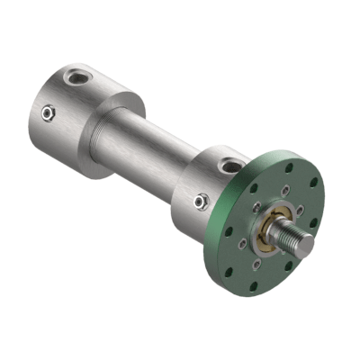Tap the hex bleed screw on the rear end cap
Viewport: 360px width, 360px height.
[48, 112]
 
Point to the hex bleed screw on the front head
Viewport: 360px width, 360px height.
[202, 202]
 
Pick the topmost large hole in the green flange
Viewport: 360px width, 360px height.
[289, 167]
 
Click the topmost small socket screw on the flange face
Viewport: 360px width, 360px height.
[285, 191]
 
